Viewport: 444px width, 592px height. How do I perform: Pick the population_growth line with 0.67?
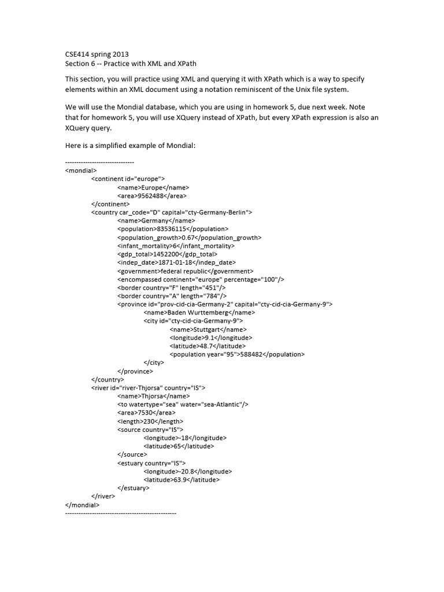point(189,238)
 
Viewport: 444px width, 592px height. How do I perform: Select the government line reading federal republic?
point(185,271)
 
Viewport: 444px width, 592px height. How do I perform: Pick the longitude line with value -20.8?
point(188,471)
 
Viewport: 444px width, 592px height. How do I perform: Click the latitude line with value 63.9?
point(182,479)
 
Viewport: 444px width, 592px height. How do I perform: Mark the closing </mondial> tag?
point(83,505)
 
